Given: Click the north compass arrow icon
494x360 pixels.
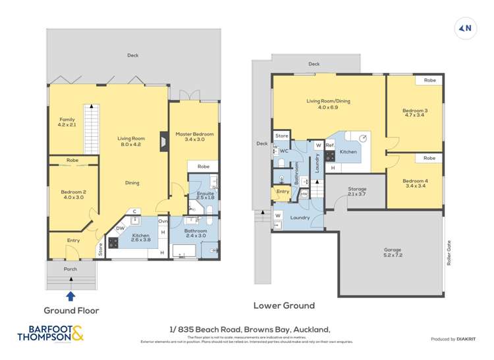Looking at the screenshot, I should (x=466, y=28).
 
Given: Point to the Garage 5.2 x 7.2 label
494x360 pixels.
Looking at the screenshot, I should (x=393, y=253).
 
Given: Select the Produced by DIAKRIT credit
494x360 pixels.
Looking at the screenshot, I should (x=453, y=339).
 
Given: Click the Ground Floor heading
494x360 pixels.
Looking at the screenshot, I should (x=70, y=309).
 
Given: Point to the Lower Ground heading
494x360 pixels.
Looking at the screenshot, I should (x=284, y=305).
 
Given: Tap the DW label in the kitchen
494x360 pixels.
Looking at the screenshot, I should (x=121, y=228).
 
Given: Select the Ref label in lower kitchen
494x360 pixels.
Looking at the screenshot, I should (x=330, y=146).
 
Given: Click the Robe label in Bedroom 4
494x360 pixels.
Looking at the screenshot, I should (x=429, y=159).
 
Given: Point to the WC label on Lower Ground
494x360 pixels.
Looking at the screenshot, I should (x=284, y=151).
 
